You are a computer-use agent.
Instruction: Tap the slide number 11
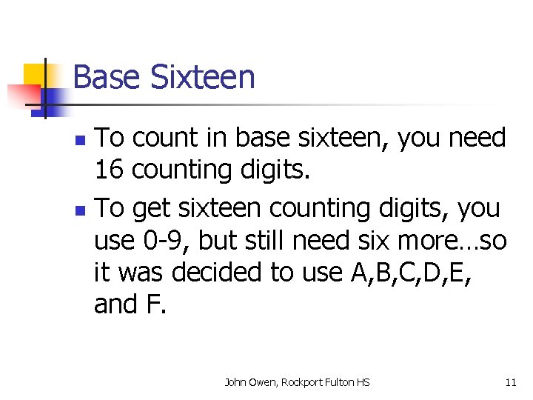[510, 382]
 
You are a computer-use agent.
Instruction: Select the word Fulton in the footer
[340, 382]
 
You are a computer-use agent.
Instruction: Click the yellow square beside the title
[36, 75]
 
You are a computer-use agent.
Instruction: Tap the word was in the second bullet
[138, 273]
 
